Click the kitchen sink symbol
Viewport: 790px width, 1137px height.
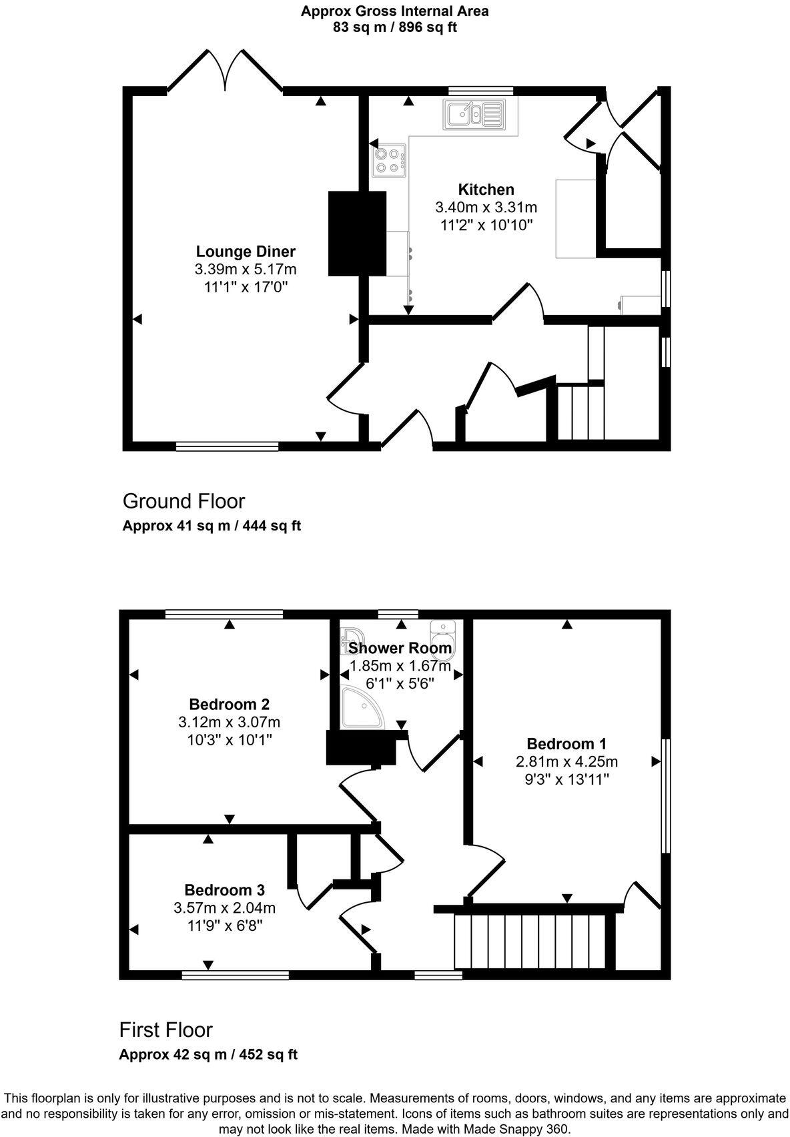coord(473,114)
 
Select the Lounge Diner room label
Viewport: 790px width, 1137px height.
coord(246,252)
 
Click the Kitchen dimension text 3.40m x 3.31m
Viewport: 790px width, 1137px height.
coord(486,208)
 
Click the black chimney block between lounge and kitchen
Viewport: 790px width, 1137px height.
coord(357,233)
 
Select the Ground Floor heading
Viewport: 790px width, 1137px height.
coord(183,501)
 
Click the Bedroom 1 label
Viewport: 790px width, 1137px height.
coord(566,743)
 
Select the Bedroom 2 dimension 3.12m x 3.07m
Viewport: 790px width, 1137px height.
coord(229,722)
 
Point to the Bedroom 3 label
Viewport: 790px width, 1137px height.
coord(224,889)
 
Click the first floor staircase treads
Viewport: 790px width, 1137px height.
coord(530,941)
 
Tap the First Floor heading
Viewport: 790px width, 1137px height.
coord(165,1030)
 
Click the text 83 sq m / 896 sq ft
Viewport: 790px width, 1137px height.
coord(394,27)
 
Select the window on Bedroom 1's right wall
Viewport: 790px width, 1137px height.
coord(665,795)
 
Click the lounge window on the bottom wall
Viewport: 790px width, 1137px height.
coord(227,446)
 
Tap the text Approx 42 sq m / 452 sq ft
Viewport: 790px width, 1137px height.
coord(208,1054)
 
